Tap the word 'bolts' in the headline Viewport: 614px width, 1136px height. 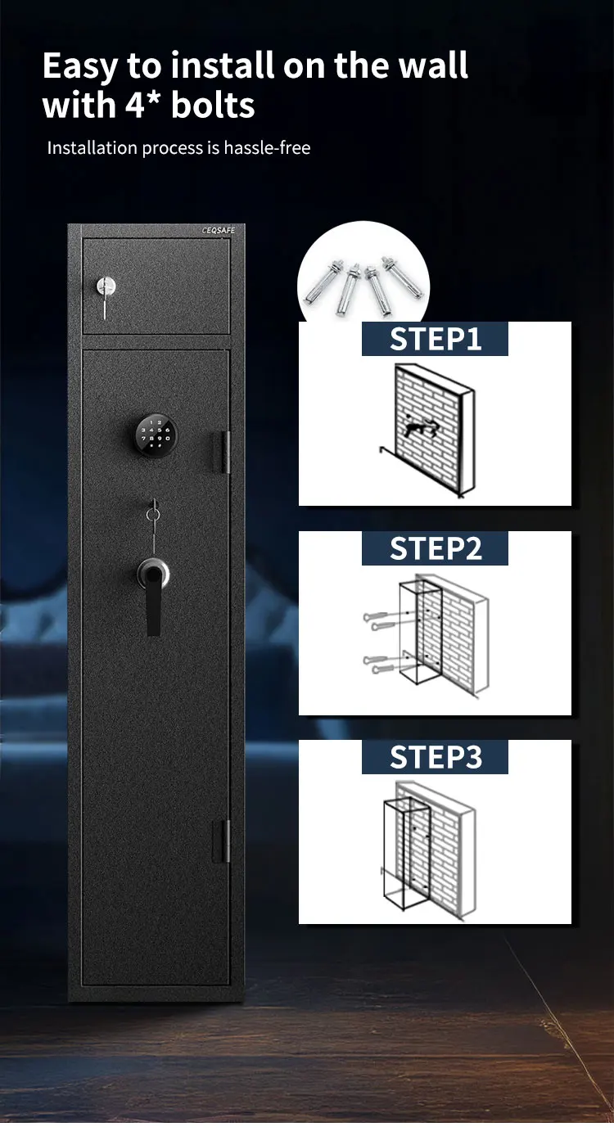pyautogui.click(x=214, y=106)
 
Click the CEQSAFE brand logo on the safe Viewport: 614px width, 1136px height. pyautogui.click(x=218, y=231)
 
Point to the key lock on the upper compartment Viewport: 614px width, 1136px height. pyautogui.click(x=106, y=287)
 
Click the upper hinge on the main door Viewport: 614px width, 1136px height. pyautogui.click(x=223, y=453)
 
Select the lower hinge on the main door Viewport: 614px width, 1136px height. pyautogui.click(x=223, y=841)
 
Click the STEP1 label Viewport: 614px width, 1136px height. pyautogui.click(x=435, y=339)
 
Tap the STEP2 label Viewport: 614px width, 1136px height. pyautogui.click(x=435, y=548)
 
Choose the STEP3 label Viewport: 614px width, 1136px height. pyautogui.click(x=435, y=757)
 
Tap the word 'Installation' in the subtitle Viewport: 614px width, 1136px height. pyautogui.click(x=92, y=148)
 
